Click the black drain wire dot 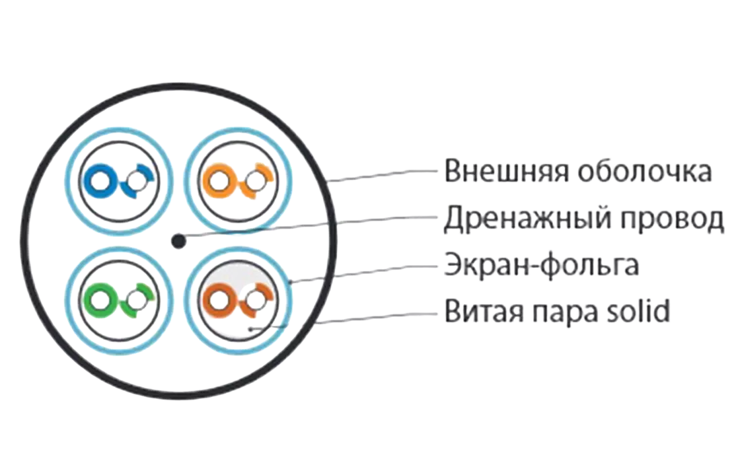click(178, 240)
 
